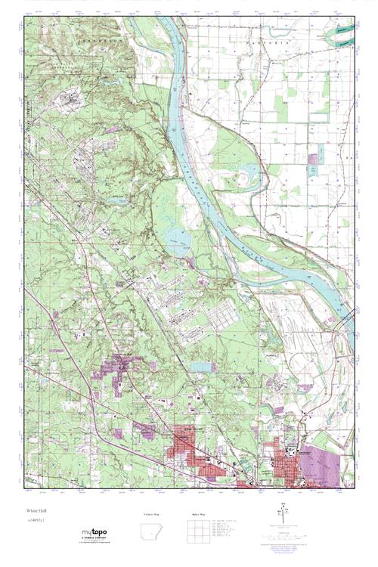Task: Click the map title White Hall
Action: (x=36, y=510)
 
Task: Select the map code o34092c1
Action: (x=36, y=521)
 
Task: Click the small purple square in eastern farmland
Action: (x=313, y=160)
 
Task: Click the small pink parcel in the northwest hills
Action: (x=112, y=129)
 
